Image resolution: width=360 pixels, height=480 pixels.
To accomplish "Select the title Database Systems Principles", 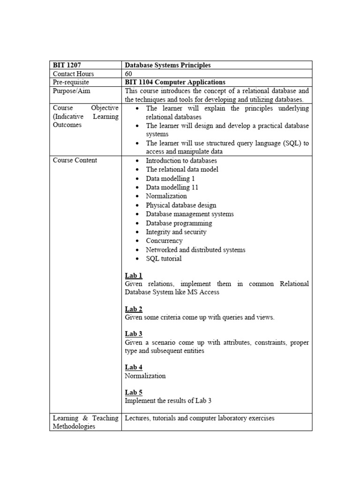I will coord(168,65).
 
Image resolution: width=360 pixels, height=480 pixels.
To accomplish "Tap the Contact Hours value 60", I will coord(129,74).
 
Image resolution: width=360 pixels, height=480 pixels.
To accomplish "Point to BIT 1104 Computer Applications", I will coord(175,82).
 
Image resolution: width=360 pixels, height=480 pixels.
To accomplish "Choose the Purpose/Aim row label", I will coord(72,91).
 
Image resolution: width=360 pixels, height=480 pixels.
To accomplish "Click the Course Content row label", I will coord(75,160).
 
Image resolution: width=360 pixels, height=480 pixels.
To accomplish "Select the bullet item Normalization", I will coord(166,196).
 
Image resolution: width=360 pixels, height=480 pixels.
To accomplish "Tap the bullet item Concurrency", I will coord(164,241).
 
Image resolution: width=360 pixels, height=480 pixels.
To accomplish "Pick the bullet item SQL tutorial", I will coord(164,259).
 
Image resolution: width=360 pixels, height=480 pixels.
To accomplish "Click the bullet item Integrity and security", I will coord(176,232).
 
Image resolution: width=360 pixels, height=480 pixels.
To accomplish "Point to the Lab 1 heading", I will coord(134,276).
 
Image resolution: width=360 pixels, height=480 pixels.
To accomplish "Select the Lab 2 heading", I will coord(134,309).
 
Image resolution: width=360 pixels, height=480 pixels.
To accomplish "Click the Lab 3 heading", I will coord(134,334).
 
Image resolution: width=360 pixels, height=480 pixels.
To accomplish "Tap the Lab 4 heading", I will coord(134,367).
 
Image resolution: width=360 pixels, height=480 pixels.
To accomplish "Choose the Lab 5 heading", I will coord(134,392).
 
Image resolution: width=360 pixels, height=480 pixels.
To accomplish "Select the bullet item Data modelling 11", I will coord(172,187).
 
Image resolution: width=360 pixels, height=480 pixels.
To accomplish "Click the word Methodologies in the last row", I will coord(74,426).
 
